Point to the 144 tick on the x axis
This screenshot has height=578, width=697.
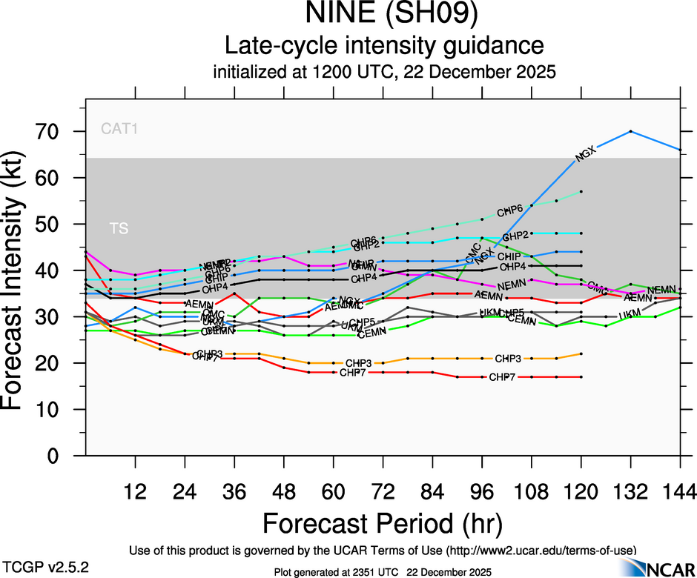679,491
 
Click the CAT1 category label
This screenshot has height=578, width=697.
120,129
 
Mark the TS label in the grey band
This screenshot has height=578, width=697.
119,228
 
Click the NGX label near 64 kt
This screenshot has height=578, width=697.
586,155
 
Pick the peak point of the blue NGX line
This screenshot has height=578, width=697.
630,131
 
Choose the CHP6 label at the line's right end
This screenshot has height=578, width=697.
511,209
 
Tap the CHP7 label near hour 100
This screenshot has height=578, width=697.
502,377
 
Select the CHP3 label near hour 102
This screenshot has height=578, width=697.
508,359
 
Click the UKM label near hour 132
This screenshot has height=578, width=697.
629,315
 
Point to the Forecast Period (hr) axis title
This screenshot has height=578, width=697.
382,522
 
